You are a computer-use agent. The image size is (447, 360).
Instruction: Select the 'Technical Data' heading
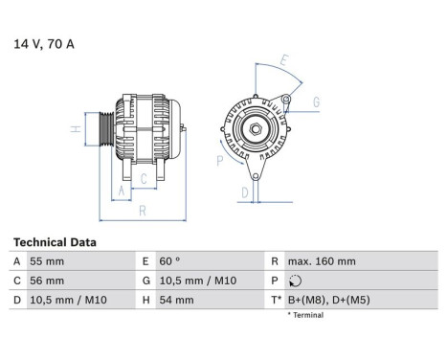click(54, 242)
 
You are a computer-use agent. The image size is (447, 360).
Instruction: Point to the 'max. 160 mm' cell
click(322, 261)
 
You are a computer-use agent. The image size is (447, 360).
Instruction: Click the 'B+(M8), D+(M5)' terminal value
click(330, 301)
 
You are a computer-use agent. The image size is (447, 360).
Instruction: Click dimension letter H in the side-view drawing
click(74, 129)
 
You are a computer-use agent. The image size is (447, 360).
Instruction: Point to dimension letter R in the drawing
click(141, 210)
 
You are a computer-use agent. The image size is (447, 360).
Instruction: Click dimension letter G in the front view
click(315, 102)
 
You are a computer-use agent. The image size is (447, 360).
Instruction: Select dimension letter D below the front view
click(245, 192)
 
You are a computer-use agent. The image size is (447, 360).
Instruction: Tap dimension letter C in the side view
click(144, 178)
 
